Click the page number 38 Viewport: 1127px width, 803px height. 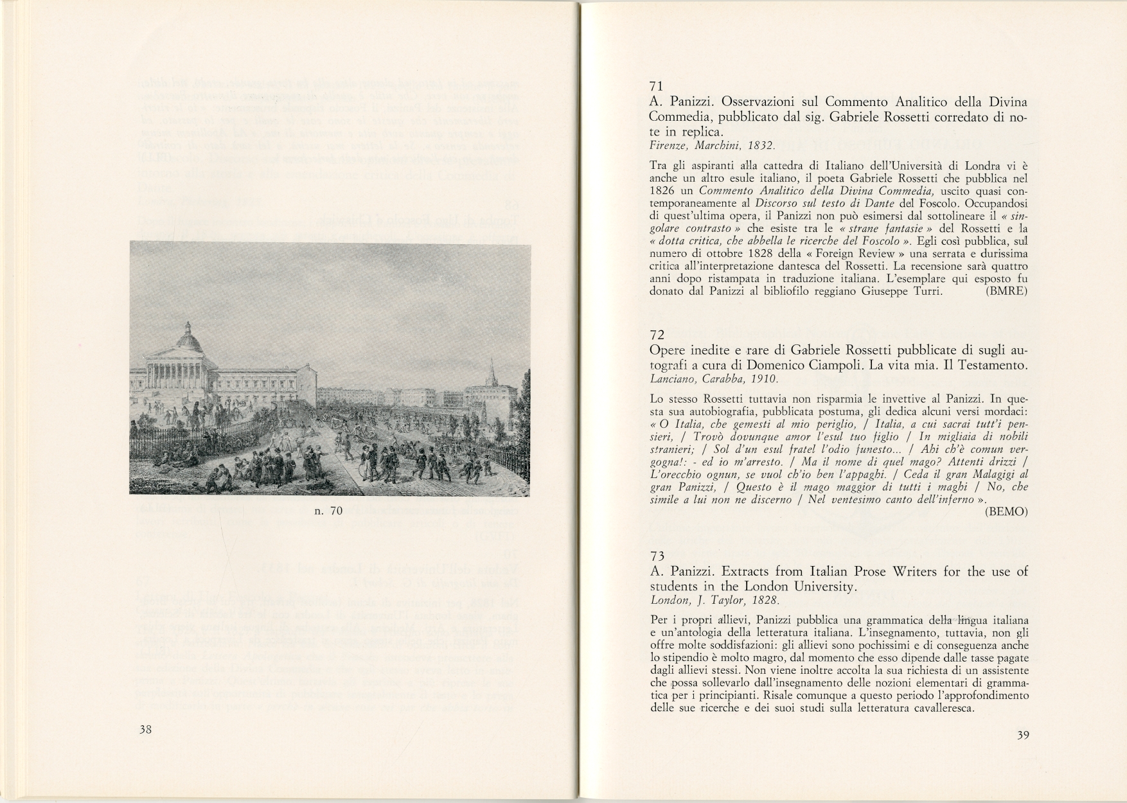click(145, 730)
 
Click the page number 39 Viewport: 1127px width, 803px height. click(1024, 736)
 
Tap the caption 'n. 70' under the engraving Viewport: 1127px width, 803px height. click(329, 511)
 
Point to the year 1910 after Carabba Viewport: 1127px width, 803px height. click(744, 379)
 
